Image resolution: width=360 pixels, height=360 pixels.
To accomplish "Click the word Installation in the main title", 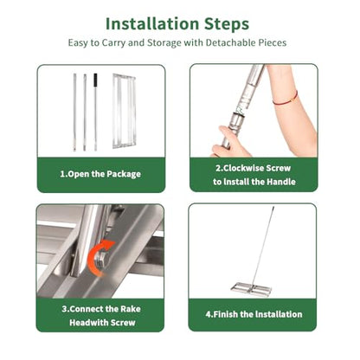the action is tap(152, 23).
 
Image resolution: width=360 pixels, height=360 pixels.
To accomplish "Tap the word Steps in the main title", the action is tap(227, 24).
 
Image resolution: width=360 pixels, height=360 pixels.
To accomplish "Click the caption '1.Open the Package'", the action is tap(100, 174).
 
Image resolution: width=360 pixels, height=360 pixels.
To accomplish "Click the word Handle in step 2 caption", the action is tap(281, 182).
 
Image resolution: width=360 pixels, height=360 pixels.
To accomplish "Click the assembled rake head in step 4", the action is tap(252, 288).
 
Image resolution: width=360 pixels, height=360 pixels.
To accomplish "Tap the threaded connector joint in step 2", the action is tap(240, 115).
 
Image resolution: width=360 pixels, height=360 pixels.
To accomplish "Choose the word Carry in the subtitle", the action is tap(113, 43).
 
